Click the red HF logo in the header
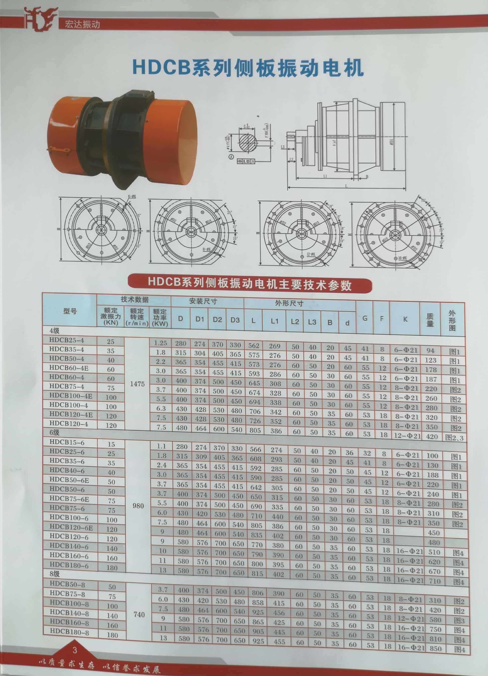point(41,19)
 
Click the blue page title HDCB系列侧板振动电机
point(248,68)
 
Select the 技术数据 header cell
point(134,300)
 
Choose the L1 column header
point(274,321)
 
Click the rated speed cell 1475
point(137,384)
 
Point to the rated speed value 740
point(139,615)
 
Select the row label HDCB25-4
point(67,340)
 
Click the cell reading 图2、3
point(454,438)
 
